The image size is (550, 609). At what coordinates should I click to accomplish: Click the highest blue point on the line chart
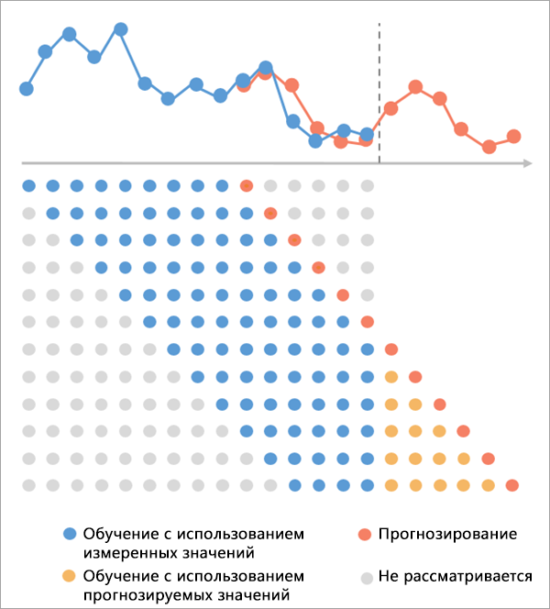[x=120, y=28]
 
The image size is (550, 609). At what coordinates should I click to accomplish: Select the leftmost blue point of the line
[x=27, y=89]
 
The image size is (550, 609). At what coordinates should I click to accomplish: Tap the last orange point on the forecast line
[x=514, y=136]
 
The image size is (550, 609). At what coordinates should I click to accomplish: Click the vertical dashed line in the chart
[x=379, y=92]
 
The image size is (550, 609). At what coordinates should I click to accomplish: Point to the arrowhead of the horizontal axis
[x=528, y=163]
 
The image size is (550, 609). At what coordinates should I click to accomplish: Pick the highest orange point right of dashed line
[x=415, y=86]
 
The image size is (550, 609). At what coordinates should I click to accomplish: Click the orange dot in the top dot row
[x=246, y=186]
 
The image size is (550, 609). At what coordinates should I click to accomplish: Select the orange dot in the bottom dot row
[x=512, y=485]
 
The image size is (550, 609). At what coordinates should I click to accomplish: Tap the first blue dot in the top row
[x=28, y=186]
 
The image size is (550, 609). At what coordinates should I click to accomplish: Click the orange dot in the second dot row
[x=270, y=214]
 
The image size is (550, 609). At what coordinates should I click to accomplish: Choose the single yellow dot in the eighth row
[x=391, y=376]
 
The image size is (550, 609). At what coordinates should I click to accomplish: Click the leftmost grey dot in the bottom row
[x=28, y=485]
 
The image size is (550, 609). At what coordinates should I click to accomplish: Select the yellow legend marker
[x=69, y=576]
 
